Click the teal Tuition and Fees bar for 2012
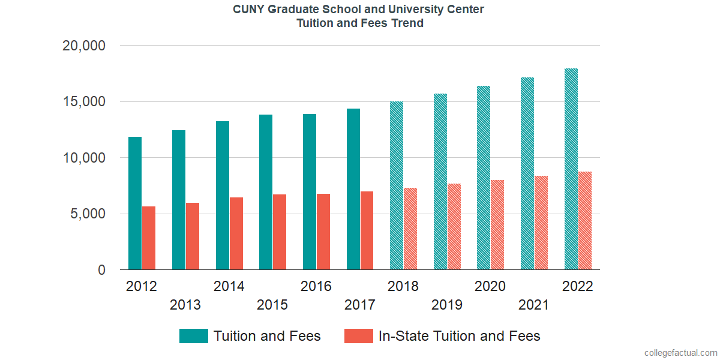click(x=135, y=203)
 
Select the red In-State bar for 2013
click(x=193, y=236)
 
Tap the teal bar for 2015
click(x=266, y=192)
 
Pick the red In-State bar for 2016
click(x=323, y=232)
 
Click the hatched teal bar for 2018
click(x=397, y=186)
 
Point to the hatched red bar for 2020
click(x=497, y=225)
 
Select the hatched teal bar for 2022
click(x=571, y=169)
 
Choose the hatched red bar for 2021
click(x=541, y=223)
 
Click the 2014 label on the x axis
click(x=229, y=286)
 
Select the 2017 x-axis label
click(x=360, y=305)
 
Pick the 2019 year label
click(x=447, y=305)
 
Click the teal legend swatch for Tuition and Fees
click(x=193, y=336)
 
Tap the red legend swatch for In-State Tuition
click(x=358, y=336)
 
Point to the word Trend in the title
click(x=408, y=23)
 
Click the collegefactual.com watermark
click(x=680, y=353)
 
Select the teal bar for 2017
click(x=353, y=189)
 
